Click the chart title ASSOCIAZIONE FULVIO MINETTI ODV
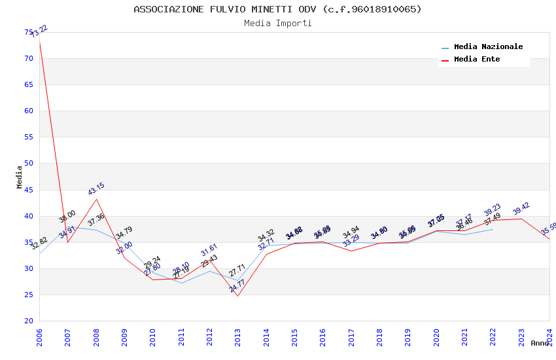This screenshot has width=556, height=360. (x=277, y=9)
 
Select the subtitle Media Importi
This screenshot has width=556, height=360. (x=277, y=23)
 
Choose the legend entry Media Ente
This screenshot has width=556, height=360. (x=477, y=59)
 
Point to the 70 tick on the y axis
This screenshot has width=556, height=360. (x=29, y=58)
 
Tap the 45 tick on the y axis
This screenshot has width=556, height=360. (x=29, y=190)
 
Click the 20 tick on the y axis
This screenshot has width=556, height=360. (x=29, y=321)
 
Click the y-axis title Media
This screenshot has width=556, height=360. (x=20, y=177)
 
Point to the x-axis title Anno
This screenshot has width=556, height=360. (x=540, y=343)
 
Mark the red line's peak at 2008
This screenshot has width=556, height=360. (x=96, y=199)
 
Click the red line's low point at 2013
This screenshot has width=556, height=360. (x=237, y=296)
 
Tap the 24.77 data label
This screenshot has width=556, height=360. (x=237, y=285)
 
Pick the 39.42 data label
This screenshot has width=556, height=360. (x=521, y=209)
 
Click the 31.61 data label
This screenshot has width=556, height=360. (x=209, y=249)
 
